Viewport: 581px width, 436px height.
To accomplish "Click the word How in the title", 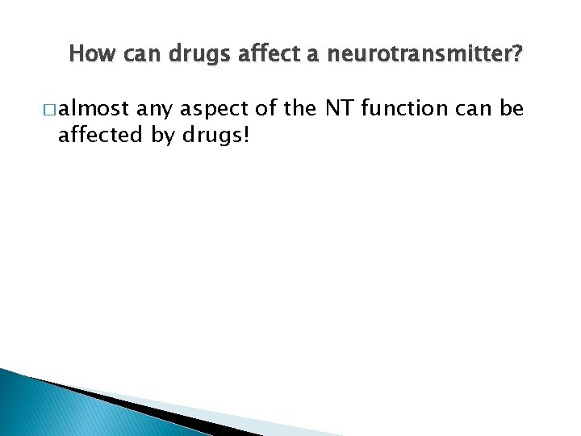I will pyautogui.click(x=87, y=55).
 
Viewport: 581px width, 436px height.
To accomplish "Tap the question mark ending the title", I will pyautogui.click(x=517, y=55).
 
